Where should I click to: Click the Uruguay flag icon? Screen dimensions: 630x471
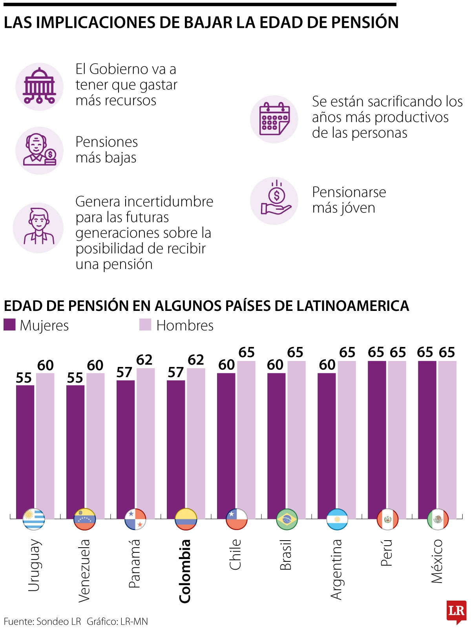(x=34, y=519)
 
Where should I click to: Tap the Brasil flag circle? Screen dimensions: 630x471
(x=287, y=519)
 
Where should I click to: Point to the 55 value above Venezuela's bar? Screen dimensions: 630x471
(x=75, y=378)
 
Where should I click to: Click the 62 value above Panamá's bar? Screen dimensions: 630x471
(x=144, y=360)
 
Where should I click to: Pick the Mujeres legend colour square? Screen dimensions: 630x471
(x=9, y=325)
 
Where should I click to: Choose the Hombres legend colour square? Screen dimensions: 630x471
(x=145, y=325)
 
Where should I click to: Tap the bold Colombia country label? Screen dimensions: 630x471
(x=184, y=571)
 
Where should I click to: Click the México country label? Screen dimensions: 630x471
(x=436, y=561)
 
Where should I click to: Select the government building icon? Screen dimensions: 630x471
(x=39, y=86)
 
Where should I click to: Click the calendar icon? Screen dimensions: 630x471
(x=274, y=119)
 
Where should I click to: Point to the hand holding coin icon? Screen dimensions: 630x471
(x=274, y=201)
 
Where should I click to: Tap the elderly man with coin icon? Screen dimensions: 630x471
(x=39, y=150)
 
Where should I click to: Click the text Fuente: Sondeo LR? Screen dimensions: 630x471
(x=42, y=621)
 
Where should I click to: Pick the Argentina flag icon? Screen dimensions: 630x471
(x=337, y=519)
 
